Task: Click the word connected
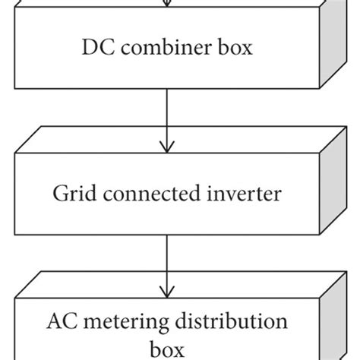[x=147, y=194]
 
